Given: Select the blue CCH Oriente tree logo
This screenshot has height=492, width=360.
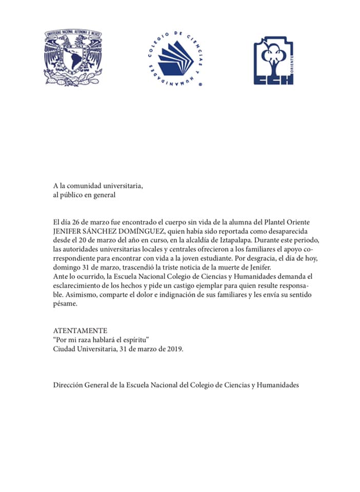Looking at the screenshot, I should click(x=273, y=60).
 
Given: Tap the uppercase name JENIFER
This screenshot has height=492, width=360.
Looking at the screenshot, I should click(x=68, y=231).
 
